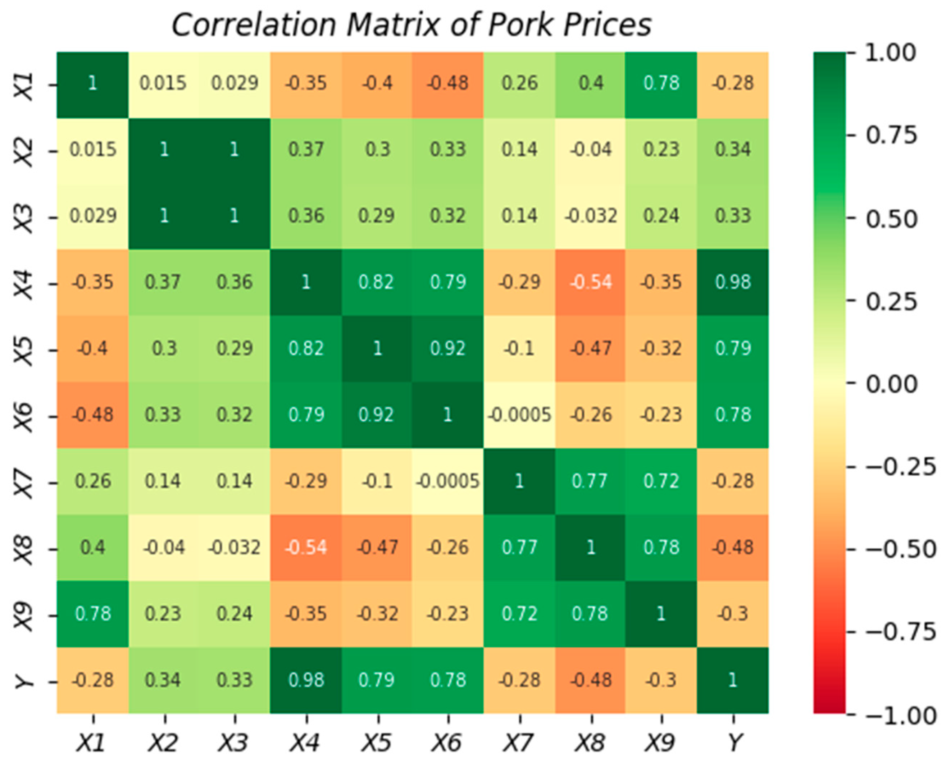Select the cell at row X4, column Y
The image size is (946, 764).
pyautogui.click(x=732, y=282)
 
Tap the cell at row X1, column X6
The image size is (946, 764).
pyautogui.click(x=448, y=84)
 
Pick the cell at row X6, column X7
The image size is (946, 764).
pyautogui.click(x=519, y=415)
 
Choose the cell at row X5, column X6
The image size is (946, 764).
pyautogui.click(x=448, y=348)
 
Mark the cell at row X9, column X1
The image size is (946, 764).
pyautogui.click(x=92, y=613)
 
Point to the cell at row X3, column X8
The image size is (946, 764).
pyautogui.click(x=590, y=216)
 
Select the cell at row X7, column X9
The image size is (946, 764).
pyautogui.click(x=661, y=481)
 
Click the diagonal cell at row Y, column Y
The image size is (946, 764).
pyautogui.click(x=732, y=680)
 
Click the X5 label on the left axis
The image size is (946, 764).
pyautogui.click(x=24, y=350)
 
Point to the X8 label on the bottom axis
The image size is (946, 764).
pyautogui.click(x=590, y=743)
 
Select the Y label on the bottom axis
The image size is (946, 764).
pyautogui.click(x=733, y=743)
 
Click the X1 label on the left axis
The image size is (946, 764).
pyautogui.click(x=24, y=86)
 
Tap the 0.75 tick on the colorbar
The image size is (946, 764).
pyautogui.click(x=892, y=135)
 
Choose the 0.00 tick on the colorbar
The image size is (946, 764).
pyautogui.click(x=892, y=384)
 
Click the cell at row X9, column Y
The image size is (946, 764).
pyautogui.click(x=732, y=613)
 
